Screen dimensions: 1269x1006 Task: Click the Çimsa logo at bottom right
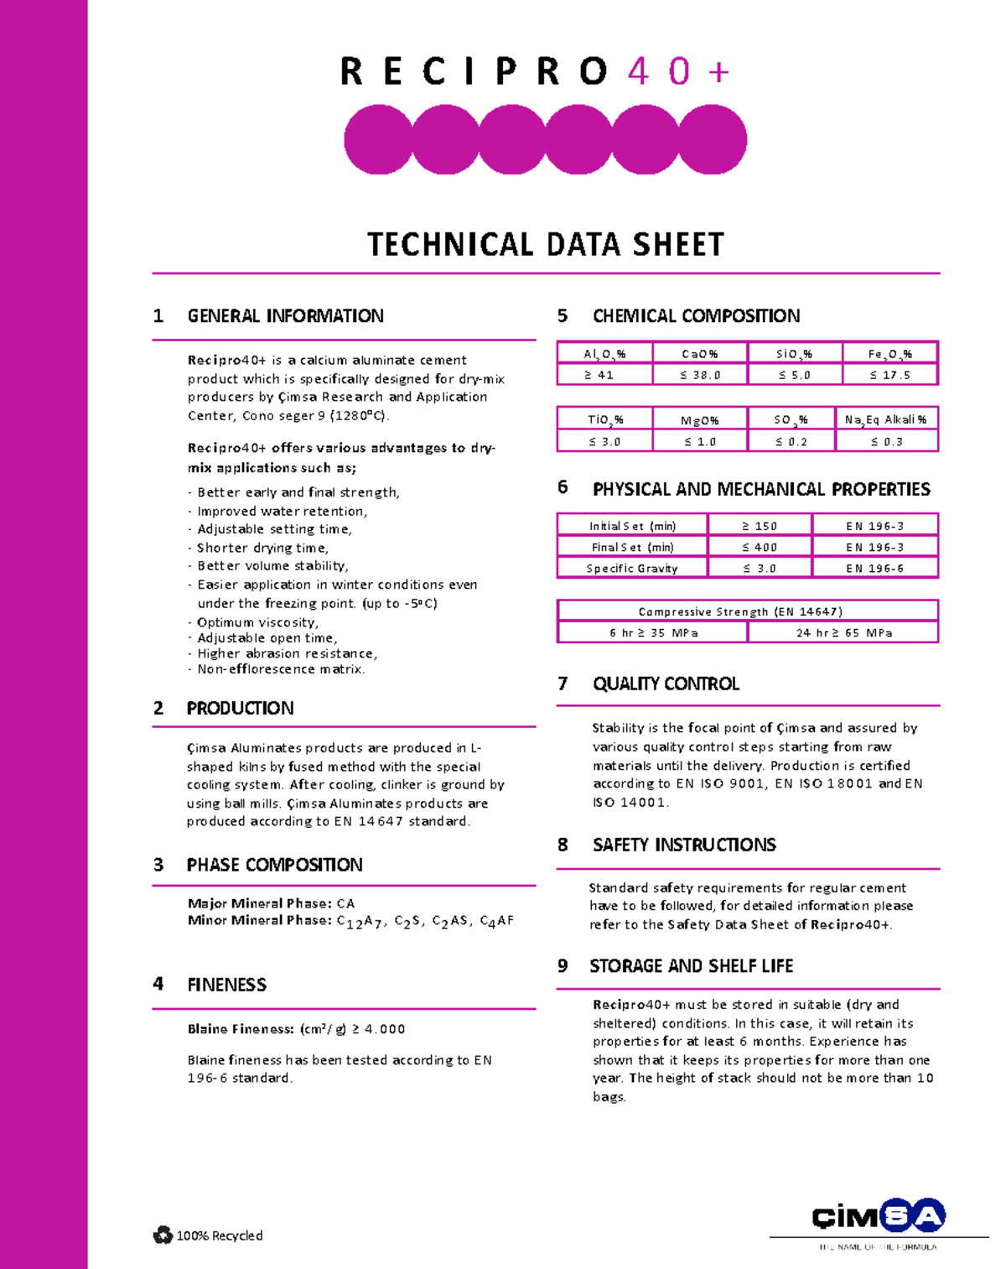tap(878, 1216)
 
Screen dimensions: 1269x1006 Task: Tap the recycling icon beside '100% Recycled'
tap(163, 1235)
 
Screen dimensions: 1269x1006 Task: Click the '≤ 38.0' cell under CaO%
tap(700, 375)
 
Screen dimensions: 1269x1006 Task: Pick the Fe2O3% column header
tap(889, 354)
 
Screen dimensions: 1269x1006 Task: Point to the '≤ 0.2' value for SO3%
tap(791, 441)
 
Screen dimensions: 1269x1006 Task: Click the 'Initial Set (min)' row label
tap(632, 526)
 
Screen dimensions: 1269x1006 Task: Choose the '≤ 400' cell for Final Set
tap(760, 547)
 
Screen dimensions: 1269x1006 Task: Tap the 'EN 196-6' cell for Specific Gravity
tap(874, 568)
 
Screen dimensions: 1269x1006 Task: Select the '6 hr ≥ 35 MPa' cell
tap(653, 632)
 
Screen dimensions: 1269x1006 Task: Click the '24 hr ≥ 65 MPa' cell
tap(843, 632)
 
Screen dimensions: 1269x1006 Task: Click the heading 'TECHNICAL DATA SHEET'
tap(545, 245)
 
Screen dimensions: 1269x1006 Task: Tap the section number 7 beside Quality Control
tap(563, 684)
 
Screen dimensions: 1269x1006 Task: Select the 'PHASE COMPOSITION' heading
tap(274, 865)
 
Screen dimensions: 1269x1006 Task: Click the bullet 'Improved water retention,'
tap(282, 511)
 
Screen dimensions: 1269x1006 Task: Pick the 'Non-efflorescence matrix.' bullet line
tap(281, 669)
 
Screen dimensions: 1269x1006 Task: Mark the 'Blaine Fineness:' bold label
tap(241, 1029)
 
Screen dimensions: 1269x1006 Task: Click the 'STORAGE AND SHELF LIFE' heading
tap(691, 966)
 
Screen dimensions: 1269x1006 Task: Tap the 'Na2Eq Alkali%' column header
tap(886, 419)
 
